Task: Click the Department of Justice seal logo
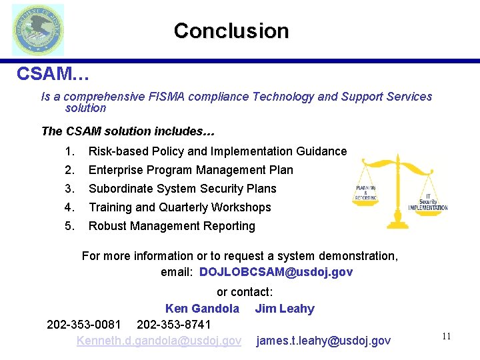click(38, 30)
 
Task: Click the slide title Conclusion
click(231, 31)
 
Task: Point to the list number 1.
click(70, 151)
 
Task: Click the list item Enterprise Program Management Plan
click(191, 170)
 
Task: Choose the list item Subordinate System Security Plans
click(182, 189)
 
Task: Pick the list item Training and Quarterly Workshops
click(179, 207)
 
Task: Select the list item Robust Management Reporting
click(171, 226)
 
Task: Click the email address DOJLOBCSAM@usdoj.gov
click(276, 272)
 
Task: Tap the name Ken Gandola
click(202, 309)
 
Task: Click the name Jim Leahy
click(285, 309)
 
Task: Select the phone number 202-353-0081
click(84, 325)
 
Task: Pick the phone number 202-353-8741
click(173, 325)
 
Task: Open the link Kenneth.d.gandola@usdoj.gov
click(159, 341)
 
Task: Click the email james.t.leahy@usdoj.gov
click(323, 341)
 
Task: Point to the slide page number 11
click(446, 337)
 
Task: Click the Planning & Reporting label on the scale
click(366, 193)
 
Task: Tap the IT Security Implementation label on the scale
click(427, 201)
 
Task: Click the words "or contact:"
click(245, 292)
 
